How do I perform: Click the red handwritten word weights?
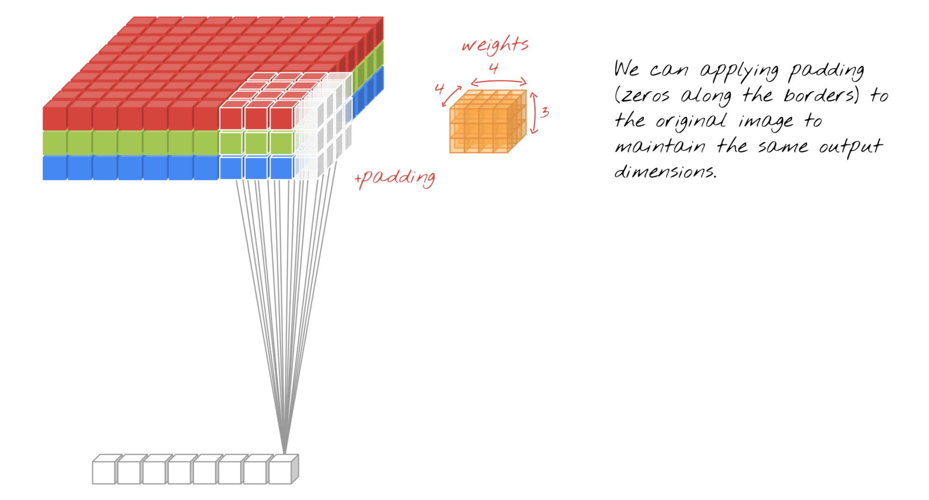495,45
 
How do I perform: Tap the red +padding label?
395,178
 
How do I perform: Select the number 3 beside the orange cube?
544,112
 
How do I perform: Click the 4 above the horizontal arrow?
494,69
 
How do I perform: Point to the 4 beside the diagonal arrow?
439,88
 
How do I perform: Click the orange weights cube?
488,121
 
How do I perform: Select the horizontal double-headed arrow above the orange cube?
499,82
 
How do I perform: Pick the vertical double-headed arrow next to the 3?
534,113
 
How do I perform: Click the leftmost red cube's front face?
55,118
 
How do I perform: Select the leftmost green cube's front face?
55,143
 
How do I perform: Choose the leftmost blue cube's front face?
55,168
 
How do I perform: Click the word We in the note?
626,69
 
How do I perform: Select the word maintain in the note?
660,146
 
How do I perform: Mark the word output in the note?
850,147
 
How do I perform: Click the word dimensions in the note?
665,171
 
